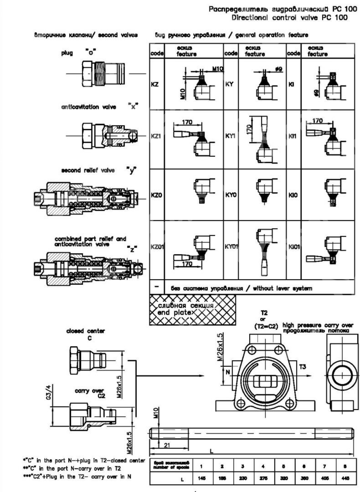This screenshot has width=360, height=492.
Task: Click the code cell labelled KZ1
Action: [x=156, y=136]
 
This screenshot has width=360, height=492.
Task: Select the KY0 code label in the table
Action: [x=231, y=195]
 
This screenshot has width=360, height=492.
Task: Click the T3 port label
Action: [x=303, y=367]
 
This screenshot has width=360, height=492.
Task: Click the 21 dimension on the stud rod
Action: [x=167, y=445]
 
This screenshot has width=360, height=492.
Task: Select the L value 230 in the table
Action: [x=243, y=479]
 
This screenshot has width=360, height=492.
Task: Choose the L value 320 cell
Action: [x=284, y=479]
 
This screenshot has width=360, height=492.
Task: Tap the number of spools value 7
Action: [x=324, y=466]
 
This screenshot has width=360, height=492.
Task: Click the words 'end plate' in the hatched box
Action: [x=174, y=312]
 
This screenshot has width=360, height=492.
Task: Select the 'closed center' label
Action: [x=85, y=331]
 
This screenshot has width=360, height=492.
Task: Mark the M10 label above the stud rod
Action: [x=156, y=413]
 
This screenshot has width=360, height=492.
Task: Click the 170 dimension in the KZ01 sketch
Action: [x=187, y=264]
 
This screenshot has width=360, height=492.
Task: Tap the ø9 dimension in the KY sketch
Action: [x=278, y=68]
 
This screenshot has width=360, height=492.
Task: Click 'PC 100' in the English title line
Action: [x=335, y=17]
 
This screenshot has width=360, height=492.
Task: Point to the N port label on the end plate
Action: [x=228, y=372]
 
